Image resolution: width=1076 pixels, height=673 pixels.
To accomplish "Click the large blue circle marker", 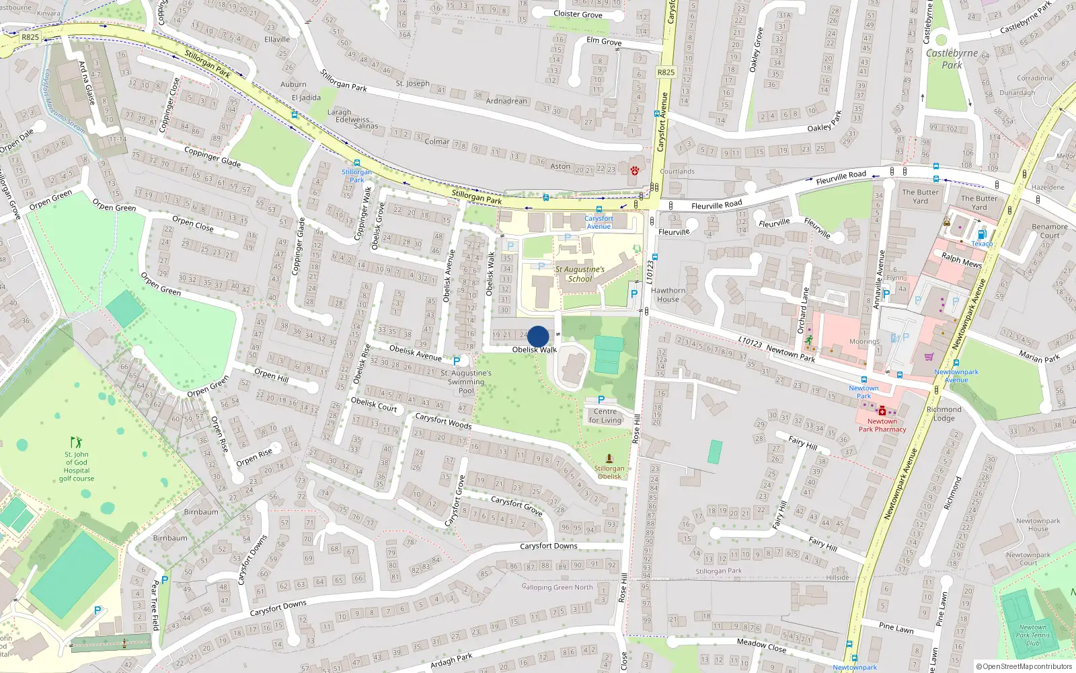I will (538, 336).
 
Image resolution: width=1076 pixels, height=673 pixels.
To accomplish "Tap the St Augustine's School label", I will (580, 274).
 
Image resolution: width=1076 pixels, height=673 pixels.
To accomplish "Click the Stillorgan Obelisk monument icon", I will (609, 458).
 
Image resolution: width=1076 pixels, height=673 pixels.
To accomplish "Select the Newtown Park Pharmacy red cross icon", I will (882, 411).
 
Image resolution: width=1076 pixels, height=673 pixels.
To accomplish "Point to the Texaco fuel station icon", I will (981, 234).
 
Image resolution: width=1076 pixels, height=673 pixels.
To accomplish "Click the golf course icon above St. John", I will (77, 442).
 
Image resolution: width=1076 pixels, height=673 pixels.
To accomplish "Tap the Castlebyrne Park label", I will (952, 59).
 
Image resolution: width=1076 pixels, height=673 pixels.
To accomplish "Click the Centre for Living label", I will (605, 416).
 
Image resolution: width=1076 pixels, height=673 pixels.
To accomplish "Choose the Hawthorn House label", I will (668, 295).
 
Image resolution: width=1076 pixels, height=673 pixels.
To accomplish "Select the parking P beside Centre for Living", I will (601, 400).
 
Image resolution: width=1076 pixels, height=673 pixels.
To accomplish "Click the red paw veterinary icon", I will (634, 170).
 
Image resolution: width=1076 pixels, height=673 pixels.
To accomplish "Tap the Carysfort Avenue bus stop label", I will (599, 222).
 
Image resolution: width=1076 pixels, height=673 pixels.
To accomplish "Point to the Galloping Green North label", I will (558, 587).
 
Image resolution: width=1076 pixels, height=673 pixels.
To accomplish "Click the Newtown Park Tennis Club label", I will (1032, 635).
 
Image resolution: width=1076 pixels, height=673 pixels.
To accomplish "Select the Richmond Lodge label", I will (944, 413).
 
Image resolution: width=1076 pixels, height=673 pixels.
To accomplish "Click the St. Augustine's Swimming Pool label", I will (466, 382).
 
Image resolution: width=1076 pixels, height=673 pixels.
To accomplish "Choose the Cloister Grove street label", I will (578, 13).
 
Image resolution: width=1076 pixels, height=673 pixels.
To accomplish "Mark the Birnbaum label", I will (201, 511).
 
